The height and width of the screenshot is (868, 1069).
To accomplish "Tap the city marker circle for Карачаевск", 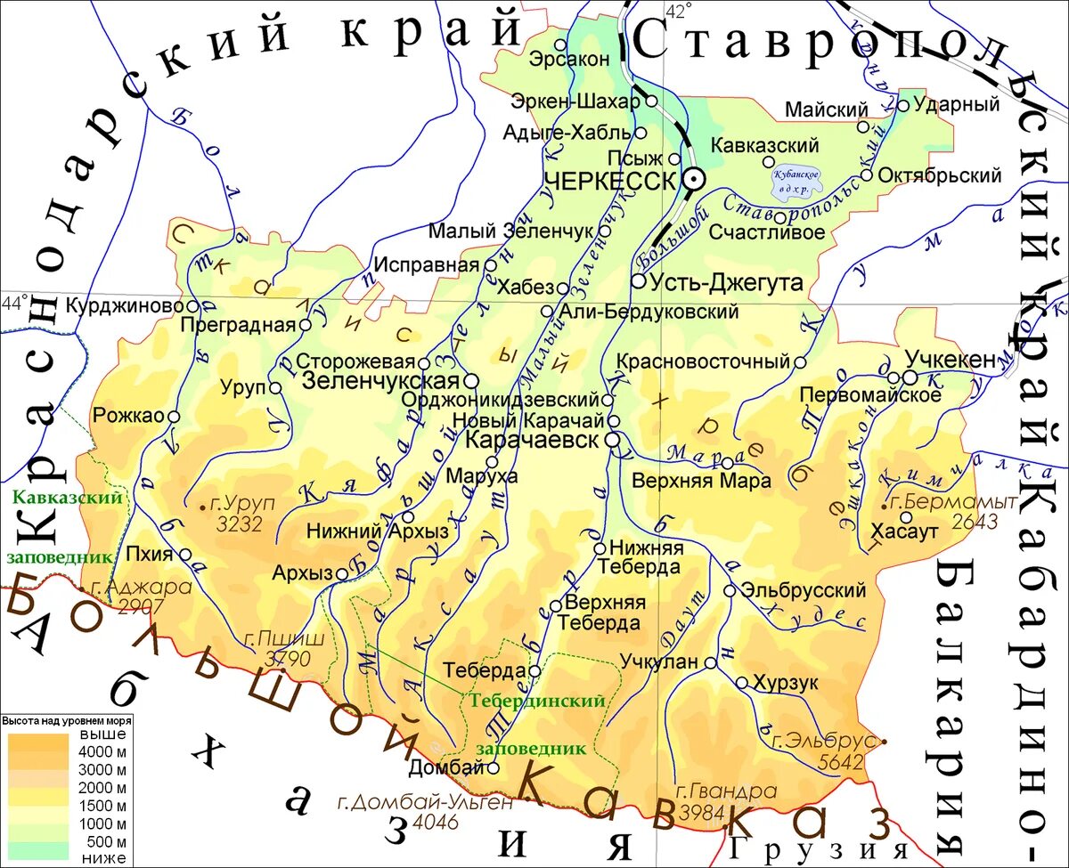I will pos(613,440).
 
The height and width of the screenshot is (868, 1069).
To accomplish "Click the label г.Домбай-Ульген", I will pos(426,803).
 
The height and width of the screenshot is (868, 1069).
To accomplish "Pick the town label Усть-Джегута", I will pos(726,282).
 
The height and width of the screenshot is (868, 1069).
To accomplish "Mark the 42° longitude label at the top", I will pos(678,11).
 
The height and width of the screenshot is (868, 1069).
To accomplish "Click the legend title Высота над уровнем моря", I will pos(67,720).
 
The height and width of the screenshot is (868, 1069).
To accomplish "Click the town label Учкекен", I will pos(950,360).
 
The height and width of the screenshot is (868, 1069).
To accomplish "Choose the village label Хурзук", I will pos(785,683).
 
